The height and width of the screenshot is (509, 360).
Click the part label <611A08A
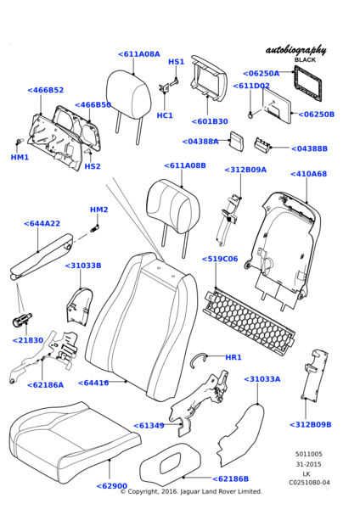139,54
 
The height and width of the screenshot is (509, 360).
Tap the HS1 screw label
176,62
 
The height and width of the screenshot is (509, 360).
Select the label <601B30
210,121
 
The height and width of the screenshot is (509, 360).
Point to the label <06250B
316,115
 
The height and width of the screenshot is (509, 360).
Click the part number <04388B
309,148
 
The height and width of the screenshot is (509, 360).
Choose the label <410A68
309,174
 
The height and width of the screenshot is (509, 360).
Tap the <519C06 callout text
220,259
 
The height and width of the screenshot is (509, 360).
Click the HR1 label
233,357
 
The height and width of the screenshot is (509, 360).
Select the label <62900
112,486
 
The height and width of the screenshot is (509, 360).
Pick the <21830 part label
28,340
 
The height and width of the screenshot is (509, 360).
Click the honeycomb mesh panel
250,321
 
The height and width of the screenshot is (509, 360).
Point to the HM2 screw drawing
94,227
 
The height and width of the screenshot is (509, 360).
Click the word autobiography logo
296,50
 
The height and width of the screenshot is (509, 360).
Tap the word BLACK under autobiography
305,59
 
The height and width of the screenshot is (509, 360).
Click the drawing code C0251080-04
309,483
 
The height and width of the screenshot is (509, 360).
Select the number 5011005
309,454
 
